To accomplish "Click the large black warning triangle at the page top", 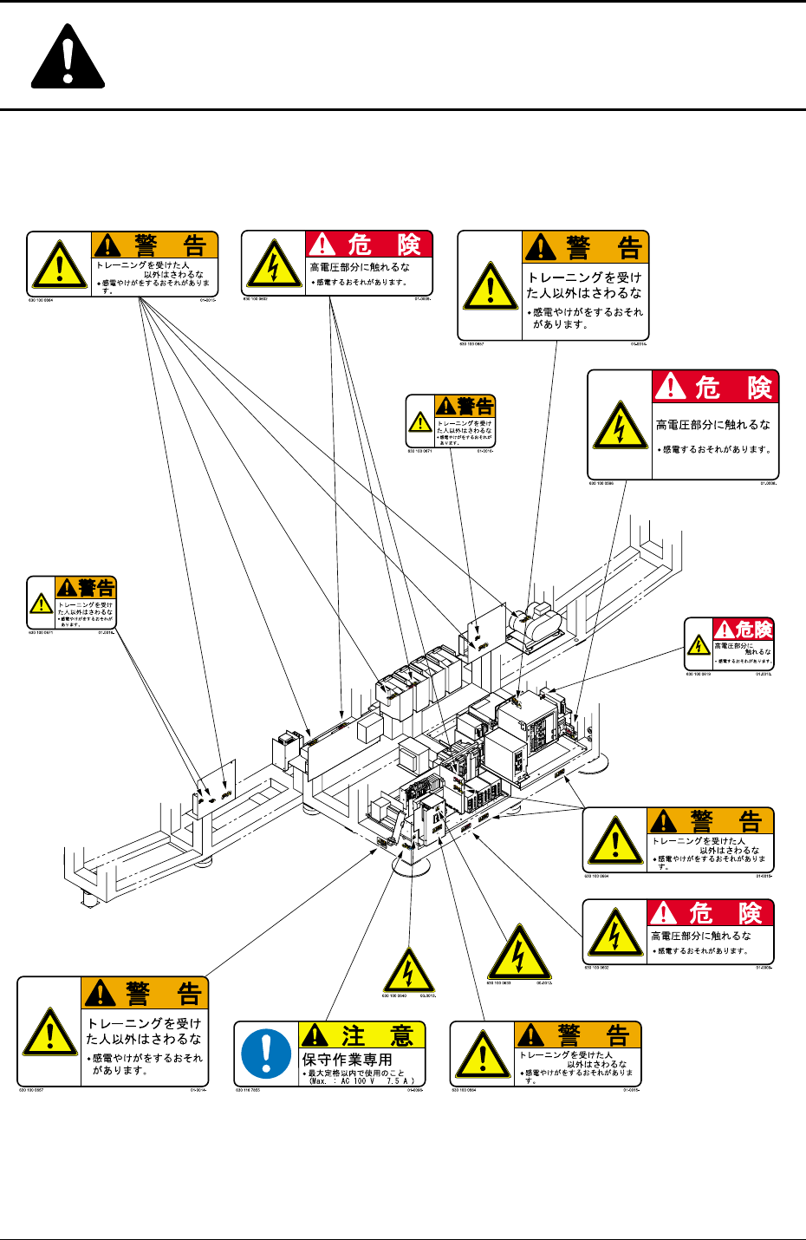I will click(68, 58).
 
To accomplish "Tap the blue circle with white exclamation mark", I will click(266, 1053).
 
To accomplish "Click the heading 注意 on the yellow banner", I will click(377, 1035).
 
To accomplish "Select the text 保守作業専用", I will click(347, 1060).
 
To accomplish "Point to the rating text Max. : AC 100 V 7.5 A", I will click(361, 1080).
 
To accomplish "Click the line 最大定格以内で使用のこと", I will click(356, 1073).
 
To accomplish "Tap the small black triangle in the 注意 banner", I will click(315, 1035).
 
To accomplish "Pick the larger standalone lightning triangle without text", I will click(518, 953).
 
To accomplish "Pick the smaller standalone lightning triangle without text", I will click(408, 970).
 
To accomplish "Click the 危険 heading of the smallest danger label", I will click(753, 630).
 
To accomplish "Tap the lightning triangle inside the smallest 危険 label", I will click(699, 645).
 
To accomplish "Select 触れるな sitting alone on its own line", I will click(756, 652).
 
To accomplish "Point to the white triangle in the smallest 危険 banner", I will click(724, 630).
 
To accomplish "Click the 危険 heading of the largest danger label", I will click(732, 388).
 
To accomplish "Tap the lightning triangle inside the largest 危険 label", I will click(619, 426).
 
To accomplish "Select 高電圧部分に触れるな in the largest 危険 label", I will click(712, 425).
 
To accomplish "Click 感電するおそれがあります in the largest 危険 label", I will click(716, 449).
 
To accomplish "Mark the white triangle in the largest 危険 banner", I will click(670, 387).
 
